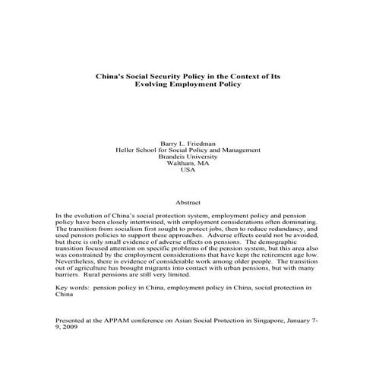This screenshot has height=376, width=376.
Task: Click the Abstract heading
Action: (x=188, y=203)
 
